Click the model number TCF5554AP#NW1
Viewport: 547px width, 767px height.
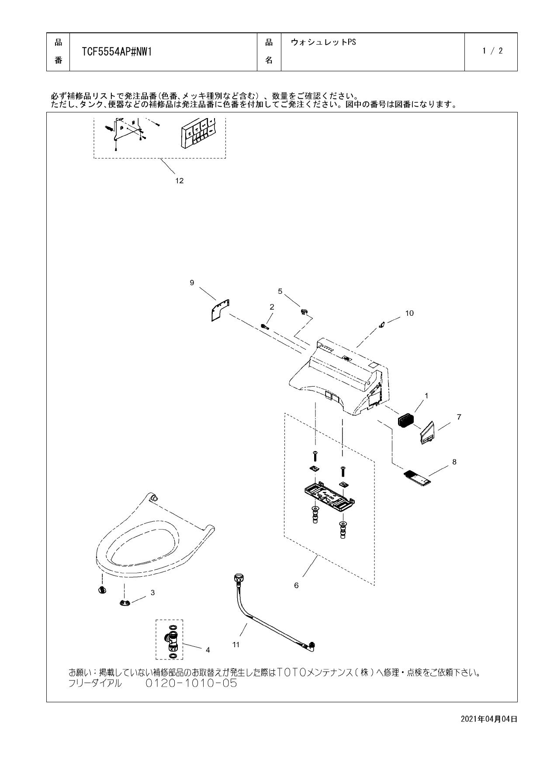[117, 52]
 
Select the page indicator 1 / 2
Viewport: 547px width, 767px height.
[492, 51]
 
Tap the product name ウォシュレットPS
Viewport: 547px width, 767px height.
[323, 42]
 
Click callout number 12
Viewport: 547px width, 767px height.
[179, 181]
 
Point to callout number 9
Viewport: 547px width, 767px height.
[192, 282]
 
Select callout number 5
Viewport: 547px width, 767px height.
[280, 291]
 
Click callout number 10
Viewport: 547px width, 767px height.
[409, 313]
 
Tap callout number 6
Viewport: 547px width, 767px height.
[296, 585]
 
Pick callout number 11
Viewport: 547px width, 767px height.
[236, 644]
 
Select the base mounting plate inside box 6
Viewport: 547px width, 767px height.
[329, 495]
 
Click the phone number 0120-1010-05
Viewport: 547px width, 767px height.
[191, 683]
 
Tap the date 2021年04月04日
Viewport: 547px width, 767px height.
[489, 719]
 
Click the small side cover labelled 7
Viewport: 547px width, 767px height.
[427, 433]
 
